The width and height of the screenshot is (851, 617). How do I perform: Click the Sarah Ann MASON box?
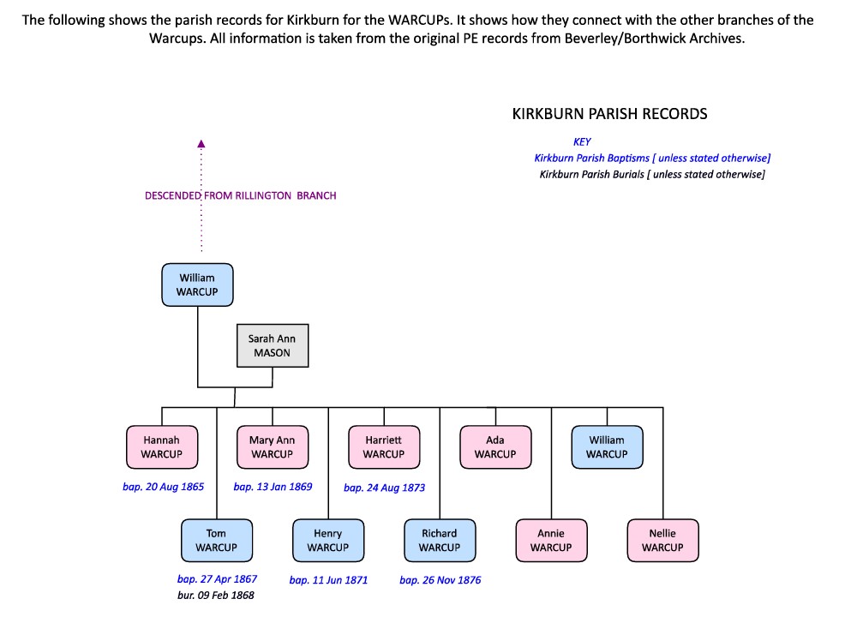click(272, 345)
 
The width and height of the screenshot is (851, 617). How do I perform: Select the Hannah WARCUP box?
click(161, 446)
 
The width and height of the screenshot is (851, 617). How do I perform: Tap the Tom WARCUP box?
click(216, 540)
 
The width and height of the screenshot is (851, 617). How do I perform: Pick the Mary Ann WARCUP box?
click(272, 446)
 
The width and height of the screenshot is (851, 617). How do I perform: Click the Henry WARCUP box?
click(327, 540)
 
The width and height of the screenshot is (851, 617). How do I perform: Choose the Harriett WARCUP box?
click(383, 446)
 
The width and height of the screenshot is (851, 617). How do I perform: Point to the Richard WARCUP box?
click(439, 540)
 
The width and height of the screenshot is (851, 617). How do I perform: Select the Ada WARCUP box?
click(494, 446)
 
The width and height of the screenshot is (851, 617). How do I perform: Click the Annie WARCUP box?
click(550, 540)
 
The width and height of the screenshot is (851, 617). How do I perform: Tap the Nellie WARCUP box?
click(662, 540)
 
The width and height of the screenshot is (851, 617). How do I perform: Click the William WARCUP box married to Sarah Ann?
click(197, 285)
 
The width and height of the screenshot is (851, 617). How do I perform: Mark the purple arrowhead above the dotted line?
click(201, 144)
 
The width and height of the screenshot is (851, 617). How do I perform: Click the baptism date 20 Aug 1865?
click(164, 487)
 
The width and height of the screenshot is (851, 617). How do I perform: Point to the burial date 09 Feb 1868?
click(216, 595)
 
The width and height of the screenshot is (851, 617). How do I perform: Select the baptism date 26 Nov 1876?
click(440, 580)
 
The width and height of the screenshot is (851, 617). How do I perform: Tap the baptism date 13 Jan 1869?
click(273, 487)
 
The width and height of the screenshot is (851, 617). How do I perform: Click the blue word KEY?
click(582, 142)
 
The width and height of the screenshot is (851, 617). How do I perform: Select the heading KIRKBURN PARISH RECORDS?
click(609, 114)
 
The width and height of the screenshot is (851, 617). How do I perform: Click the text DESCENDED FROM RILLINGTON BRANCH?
click(240, 195)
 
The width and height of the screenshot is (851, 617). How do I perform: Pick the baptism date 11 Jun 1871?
click(328, 580)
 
